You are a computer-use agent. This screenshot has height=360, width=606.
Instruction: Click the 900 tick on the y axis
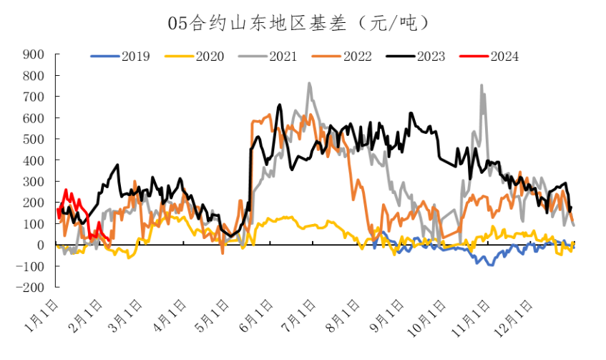34,54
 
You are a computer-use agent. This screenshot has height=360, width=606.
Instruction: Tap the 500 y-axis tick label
34,139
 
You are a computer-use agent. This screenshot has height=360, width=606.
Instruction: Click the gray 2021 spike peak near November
482,85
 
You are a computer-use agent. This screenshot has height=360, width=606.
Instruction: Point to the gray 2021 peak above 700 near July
309,83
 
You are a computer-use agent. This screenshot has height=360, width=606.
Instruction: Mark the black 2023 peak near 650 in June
280,105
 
